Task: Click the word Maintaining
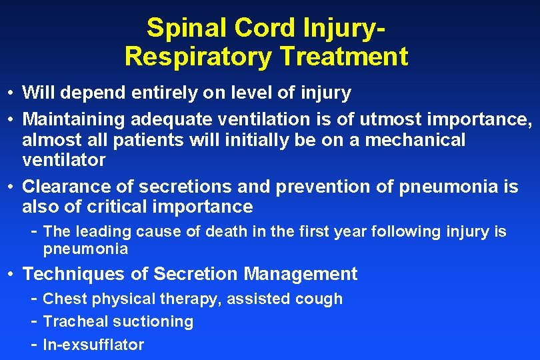click(x=75, y=119)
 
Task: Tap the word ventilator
click(x=64, y=160)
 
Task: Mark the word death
click(x=223, y=232)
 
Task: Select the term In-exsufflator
click(x=93, y=345)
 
